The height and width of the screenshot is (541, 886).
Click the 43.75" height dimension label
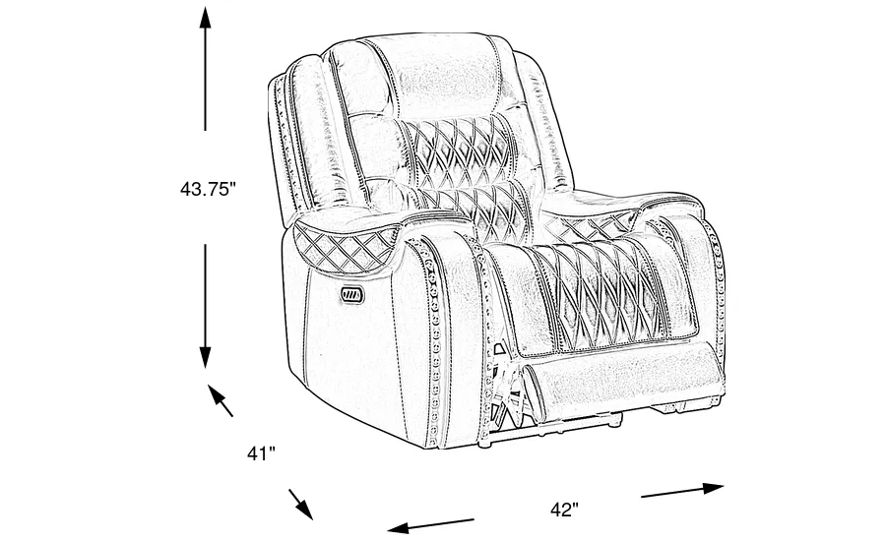pyautogui.click(x=210, y=188)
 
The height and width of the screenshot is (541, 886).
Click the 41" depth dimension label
pyautogui.click(x=260, y=454)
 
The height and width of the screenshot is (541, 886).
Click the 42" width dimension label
pyautogui.click(x=563, y=510)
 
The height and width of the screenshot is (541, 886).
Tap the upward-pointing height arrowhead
pyautogui.click(x=206, y=18)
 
